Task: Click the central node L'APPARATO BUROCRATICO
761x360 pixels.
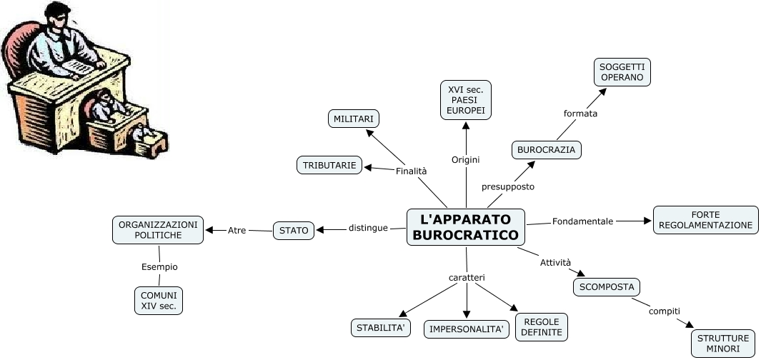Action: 465,227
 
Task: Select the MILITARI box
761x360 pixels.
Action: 354,119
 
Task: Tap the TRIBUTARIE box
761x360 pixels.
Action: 329,165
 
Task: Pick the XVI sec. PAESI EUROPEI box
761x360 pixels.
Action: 466,99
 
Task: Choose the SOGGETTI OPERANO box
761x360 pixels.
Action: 622,71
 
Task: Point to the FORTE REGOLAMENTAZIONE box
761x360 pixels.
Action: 705,220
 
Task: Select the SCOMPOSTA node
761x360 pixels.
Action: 607,287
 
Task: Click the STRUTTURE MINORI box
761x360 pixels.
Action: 724,344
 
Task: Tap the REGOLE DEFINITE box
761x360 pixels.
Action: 541,327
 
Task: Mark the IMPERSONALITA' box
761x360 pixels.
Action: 467,329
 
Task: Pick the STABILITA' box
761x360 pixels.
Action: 382,328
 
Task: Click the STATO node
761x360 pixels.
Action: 294,230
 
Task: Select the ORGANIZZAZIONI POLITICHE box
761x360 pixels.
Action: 159,229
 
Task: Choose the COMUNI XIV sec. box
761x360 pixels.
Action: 159,301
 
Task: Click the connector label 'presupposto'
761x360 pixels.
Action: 508,186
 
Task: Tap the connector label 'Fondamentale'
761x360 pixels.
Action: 582,221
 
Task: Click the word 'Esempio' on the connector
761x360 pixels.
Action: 159,266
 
